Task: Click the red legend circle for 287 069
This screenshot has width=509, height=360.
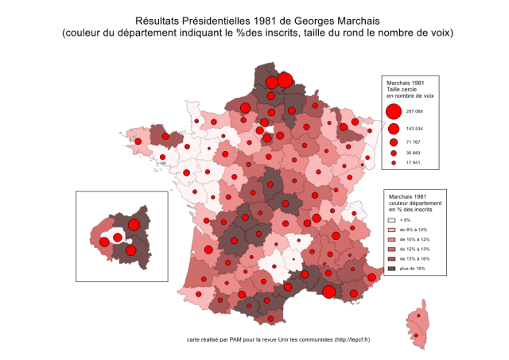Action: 393,111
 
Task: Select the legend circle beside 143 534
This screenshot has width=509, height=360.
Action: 393,128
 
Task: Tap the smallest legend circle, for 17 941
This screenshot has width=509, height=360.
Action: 394,163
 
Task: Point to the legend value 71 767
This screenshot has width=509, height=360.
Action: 414,141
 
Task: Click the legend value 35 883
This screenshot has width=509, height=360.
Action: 414,153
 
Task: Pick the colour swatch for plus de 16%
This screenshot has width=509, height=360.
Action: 390,269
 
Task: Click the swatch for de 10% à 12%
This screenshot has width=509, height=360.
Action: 390,238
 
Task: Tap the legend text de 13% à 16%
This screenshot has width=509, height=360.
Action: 415,259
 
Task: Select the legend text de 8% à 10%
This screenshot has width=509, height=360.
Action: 414,229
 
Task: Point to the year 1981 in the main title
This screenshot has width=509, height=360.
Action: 252,20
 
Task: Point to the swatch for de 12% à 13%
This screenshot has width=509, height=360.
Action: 390,249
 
